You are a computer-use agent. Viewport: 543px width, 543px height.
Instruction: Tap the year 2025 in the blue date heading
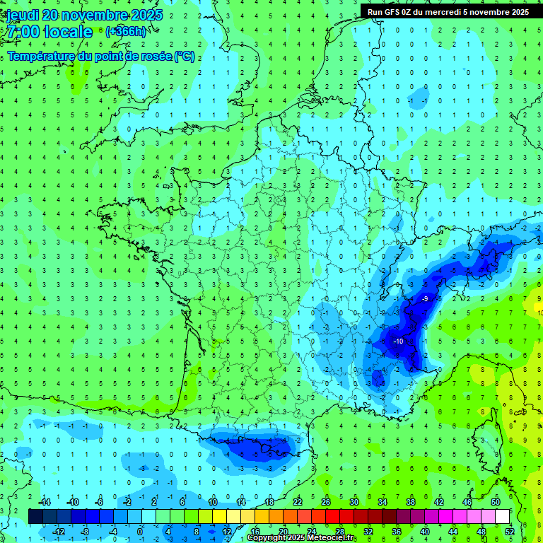[x=141, y=16]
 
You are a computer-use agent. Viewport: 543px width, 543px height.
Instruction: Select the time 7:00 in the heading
[x=23, y=33]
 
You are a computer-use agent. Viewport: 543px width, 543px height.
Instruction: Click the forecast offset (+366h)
[x=126, y=32]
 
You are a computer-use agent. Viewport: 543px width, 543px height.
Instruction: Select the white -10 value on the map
[x=398, y=341]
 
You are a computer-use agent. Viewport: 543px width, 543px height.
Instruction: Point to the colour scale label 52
[x=510, y=531]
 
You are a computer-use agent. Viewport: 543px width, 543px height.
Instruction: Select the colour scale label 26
[x=326, y=501]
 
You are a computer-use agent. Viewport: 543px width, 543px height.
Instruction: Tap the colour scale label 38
[x=411, y=501]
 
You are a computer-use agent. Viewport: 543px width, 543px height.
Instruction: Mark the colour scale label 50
[x=496, y=501]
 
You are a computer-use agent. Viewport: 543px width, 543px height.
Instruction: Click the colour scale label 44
[x=453, y=531]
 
